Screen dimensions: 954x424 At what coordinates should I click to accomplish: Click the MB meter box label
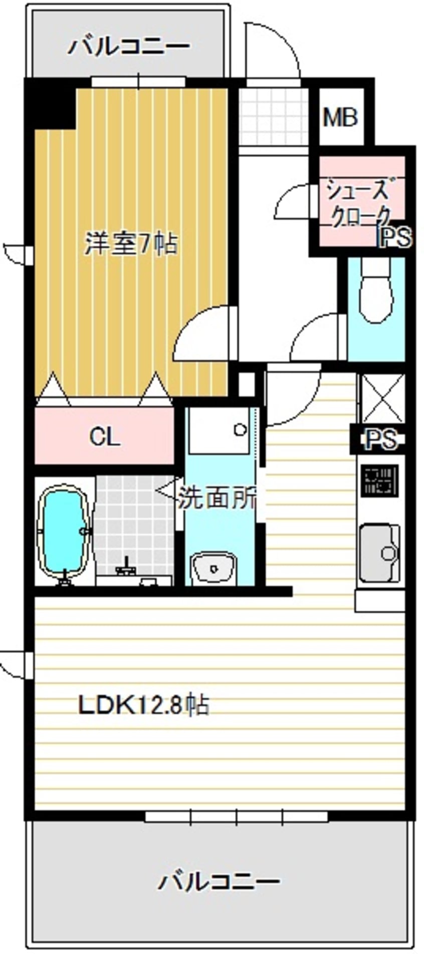[340, 117]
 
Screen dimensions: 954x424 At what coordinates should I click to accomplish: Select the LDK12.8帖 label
[143, 705]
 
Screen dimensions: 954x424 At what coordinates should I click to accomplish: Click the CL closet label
[105, 437]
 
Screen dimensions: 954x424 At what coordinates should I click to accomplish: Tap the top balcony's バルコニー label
[129, 47]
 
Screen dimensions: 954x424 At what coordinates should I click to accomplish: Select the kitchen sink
[380, 553]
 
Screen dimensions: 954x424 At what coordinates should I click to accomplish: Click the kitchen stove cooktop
[379, 481]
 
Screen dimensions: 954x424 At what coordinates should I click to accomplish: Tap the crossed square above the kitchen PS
[382, 398]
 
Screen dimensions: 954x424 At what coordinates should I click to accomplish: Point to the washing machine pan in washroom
[219, 430]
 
